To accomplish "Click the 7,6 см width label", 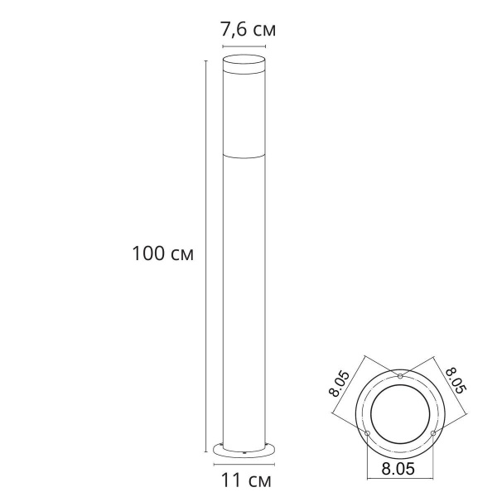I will click(248, 30).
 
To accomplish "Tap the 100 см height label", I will click(162, 253).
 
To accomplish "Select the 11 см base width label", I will click(248, 479).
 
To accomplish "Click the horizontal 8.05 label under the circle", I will click(400, 469).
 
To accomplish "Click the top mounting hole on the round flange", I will click(400, 378).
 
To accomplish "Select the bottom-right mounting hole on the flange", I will click(432, 433).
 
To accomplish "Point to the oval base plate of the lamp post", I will click(246, 450).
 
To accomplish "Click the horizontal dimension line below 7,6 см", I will click(246, 46).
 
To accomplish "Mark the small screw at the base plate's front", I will click(246, 453).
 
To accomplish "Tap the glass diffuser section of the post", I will click(246, 116).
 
